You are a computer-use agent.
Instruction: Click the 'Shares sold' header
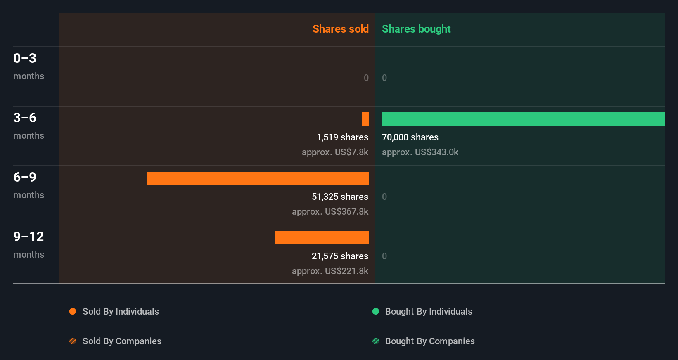coord(340,29)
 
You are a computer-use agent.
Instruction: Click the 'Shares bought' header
coord(416,29)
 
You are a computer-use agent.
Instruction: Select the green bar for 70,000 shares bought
coord(523,119)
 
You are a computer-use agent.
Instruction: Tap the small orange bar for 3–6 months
coord(365,119)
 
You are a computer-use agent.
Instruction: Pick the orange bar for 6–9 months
coord(258,178)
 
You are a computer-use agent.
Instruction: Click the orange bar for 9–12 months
coord(322,238)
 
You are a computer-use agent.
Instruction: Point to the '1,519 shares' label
coord(342,137)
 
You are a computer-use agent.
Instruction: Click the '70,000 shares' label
coord(410,137)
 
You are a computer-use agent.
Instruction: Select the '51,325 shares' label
coord(340,197)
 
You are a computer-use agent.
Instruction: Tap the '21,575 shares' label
coord(340,256)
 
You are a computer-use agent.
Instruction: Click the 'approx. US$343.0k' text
coord(420,152)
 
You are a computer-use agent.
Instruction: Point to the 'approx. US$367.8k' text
coord(330,211)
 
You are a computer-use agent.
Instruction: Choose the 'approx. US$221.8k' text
coord(330,271)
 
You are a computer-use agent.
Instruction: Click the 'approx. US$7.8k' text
coord(335,152)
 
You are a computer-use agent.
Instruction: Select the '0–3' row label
coord(25,58)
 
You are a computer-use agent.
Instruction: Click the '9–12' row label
coord(28,237)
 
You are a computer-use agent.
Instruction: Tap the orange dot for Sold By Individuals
coord(73,311)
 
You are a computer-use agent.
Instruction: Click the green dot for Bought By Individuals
coord(376,311)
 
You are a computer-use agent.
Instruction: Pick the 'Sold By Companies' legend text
coord(122,341)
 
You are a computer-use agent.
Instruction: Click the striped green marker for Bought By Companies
coord(376,341)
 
